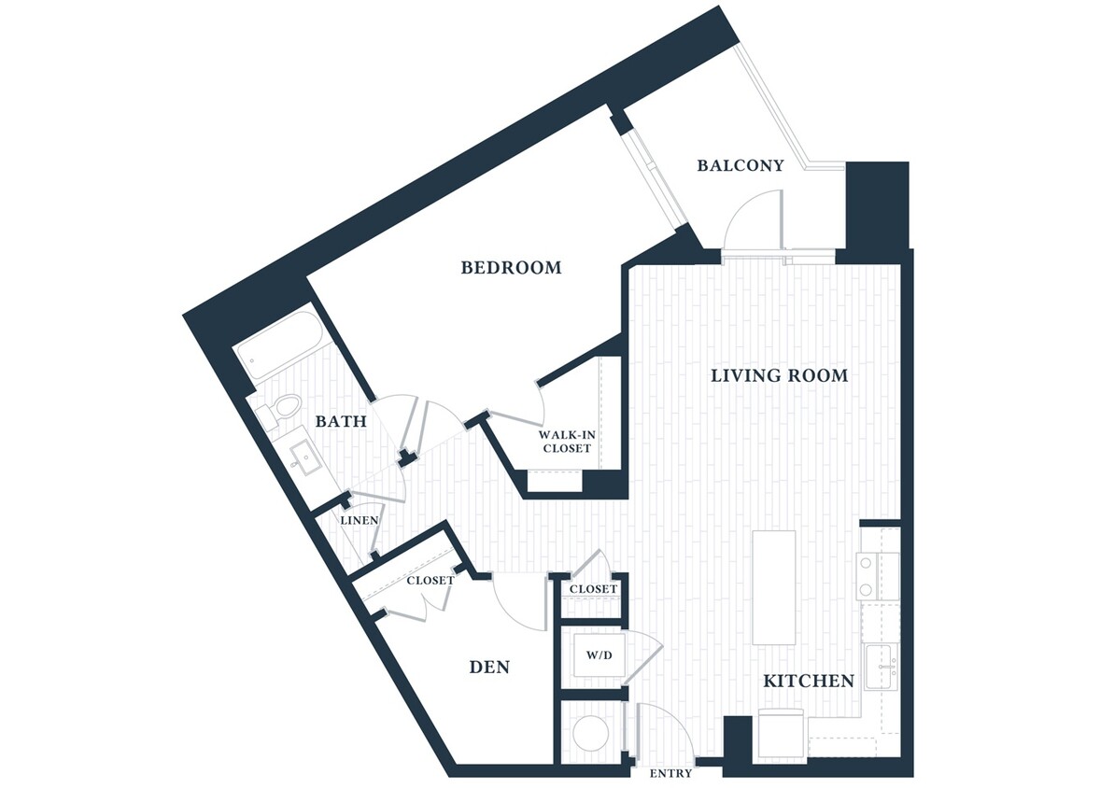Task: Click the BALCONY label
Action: click(x=740, y=165)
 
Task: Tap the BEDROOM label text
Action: click(x=511, y=268)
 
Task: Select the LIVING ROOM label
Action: click(x=779, y=375)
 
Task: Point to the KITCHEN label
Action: click(x=809, y=681)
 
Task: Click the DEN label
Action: click(x=488, y=667)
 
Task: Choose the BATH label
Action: click(x=340, y=422)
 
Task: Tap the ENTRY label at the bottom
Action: click(x=670, y=773)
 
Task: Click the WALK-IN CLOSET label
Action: click(x=566, y=442)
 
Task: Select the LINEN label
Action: click(x=359, y=520)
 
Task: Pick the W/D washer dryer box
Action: click(x=599, y=655)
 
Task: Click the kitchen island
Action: click(x=774, y=587)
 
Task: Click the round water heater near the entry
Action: click(x=590, y=734)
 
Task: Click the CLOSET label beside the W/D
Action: click(x=593, y=589)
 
